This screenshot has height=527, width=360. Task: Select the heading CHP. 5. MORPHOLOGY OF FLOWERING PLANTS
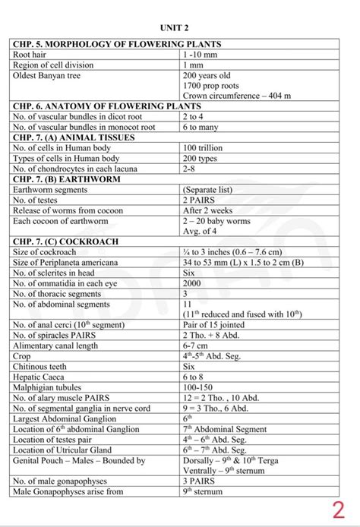(x=117, y=45)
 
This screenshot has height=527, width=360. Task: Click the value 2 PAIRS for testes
(x=201, y=200)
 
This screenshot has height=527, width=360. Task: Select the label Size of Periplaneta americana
(x=72, y=262)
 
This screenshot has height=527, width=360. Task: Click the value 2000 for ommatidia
(x=192, y=282)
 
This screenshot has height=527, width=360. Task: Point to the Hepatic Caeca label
(x=42, y=376)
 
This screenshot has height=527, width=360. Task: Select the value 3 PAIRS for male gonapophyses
(x=201, y=481)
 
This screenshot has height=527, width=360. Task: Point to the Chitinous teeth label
(x=45, y=365)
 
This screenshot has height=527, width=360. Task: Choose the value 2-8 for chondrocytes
(x=190, y=169)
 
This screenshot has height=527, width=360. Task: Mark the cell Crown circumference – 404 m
(x=236, y=96)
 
